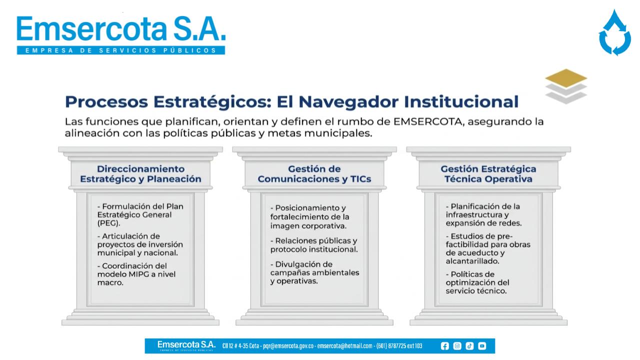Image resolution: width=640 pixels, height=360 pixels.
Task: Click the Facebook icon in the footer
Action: coord(444,346)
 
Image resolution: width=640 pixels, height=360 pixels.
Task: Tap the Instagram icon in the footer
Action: coord(457,346)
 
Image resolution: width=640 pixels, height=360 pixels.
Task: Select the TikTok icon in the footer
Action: coord(469,346)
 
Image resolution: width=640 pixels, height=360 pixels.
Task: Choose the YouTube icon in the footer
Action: coord(482,346)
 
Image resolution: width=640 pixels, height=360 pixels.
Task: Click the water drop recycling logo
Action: coord(614,32)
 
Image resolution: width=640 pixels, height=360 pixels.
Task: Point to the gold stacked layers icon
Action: coord(566,86)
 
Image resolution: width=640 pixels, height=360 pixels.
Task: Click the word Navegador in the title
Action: coord(348,101)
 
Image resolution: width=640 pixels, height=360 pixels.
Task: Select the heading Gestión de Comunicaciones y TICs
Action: coord(314,173)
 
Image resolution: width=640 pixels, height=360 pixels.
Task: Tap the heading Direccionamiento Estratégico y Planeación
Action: coord(140,173)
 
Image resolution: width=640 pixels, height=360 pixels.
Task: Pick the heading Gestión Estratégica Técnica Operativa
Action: coord(488,173)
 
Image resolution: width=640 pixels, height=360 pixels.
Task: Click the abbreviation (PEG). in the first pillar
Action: coord(108,223)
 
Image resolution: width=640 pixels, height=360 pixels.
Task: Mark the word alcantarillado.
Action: coord(472,261)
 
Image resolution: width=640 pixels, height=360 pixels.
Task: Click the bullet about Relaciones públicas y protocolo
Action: coord(314,245)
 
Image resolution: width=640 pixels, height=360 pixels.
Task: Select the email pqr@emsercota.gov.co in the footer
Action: coord(288,346)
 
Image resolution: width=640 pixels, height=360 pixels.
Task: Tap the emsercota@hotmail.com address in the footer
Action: coord(345,346)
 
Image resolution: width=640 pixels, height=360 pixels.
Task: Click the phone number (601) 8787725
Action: coord(391,346)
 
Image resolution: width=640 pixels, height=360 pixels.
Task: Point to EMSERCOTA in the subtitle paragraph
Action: coord(427,121)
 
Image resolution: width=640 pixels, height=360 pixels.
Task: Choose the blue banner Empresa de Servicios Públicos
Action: coord(121,50)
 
